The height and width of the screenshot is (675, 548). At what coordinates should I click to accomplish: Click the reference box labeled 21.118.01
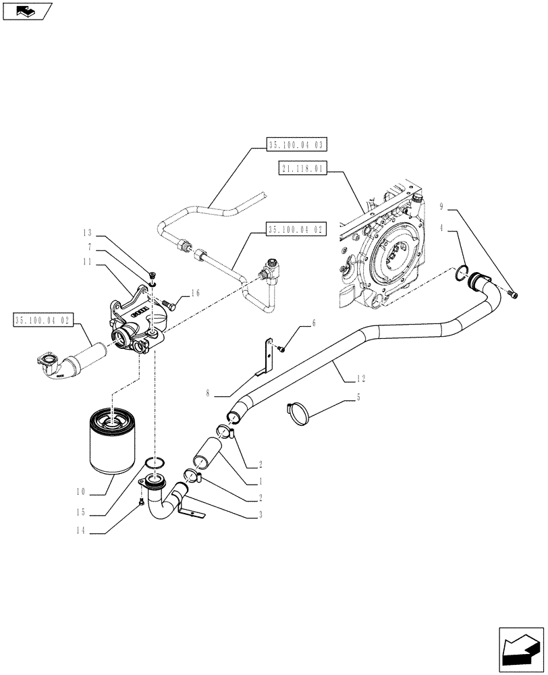point(302,169)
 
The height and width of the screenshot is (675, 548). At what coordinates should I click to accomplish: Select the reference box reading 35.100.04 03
point(296,144)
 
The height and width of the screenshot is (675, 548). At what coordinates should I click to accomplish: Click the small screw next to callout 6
point(281,348)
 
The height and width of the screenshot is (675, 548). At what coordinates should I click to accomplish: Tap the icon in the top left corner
point(27,11)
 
